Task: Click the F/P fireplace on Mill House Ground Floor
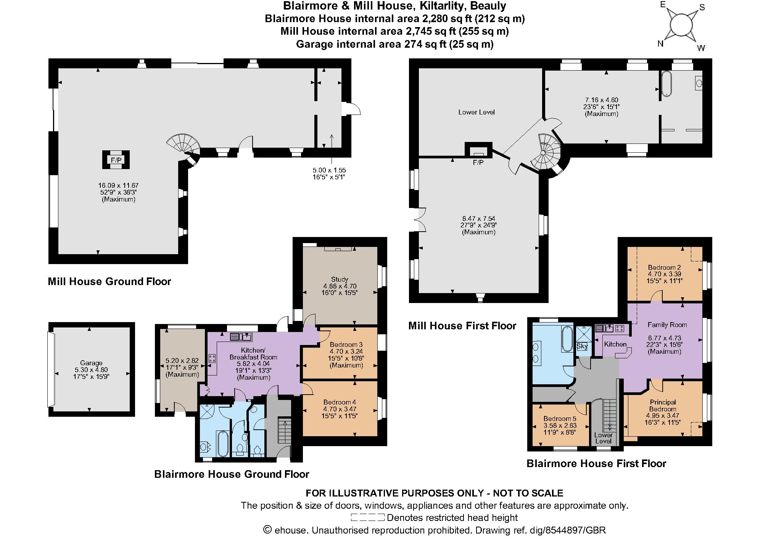click(116, 160)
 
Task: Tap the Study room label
click(339, 279)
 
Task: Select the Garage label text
click(91, 363)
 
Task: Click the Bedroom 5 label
click(560, 418)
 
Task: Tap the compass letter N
click(660, 44)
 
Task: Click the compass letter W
click(701, 48)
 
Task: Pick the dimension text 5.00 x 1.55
click(329, 170)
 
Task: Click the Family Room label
click(667, 325)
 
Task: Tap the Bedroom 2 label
click(664, 268)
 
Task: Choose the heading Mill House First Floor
click(462, 326)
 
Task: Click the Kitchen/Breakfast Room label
click(253, 354)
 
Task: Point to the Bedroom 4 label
click(339, 402)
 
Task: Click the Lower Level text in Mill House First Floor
click(476, 112)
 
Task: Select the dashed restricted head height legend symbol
click(367, 517)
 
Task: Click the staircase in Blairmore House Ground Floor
click(285, 430)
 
